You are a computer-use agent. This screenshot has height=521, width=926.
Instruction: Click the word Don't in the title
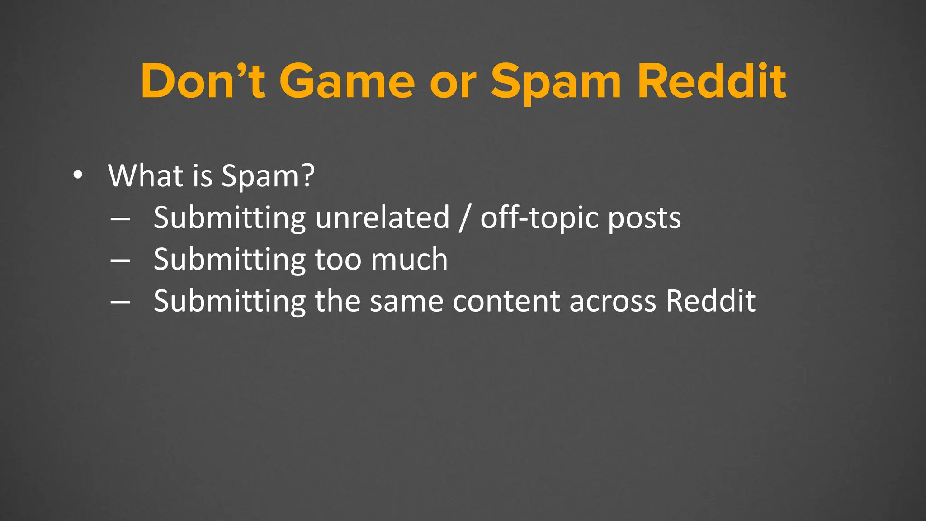click(203, 81)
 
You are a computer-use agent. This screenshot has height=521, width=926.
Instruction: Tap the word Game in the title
click(347, 81)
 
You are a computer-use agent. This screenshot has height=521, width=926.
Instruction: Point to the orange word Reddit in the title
click(712, 81)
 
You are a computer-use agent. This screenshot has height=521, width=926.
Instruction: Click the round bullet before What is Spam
click(78, 176)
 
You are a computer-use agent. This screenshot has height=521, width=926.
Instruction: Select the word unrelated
click(383, 218)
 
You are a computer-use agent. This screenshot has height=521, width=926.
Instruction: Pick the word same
click(406, 301)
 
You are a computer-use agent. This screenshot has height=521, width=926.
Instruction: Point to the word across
click(613, 301)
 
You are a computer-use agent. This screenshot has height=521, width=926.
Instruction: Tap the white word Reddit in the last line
click(710, 301)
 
